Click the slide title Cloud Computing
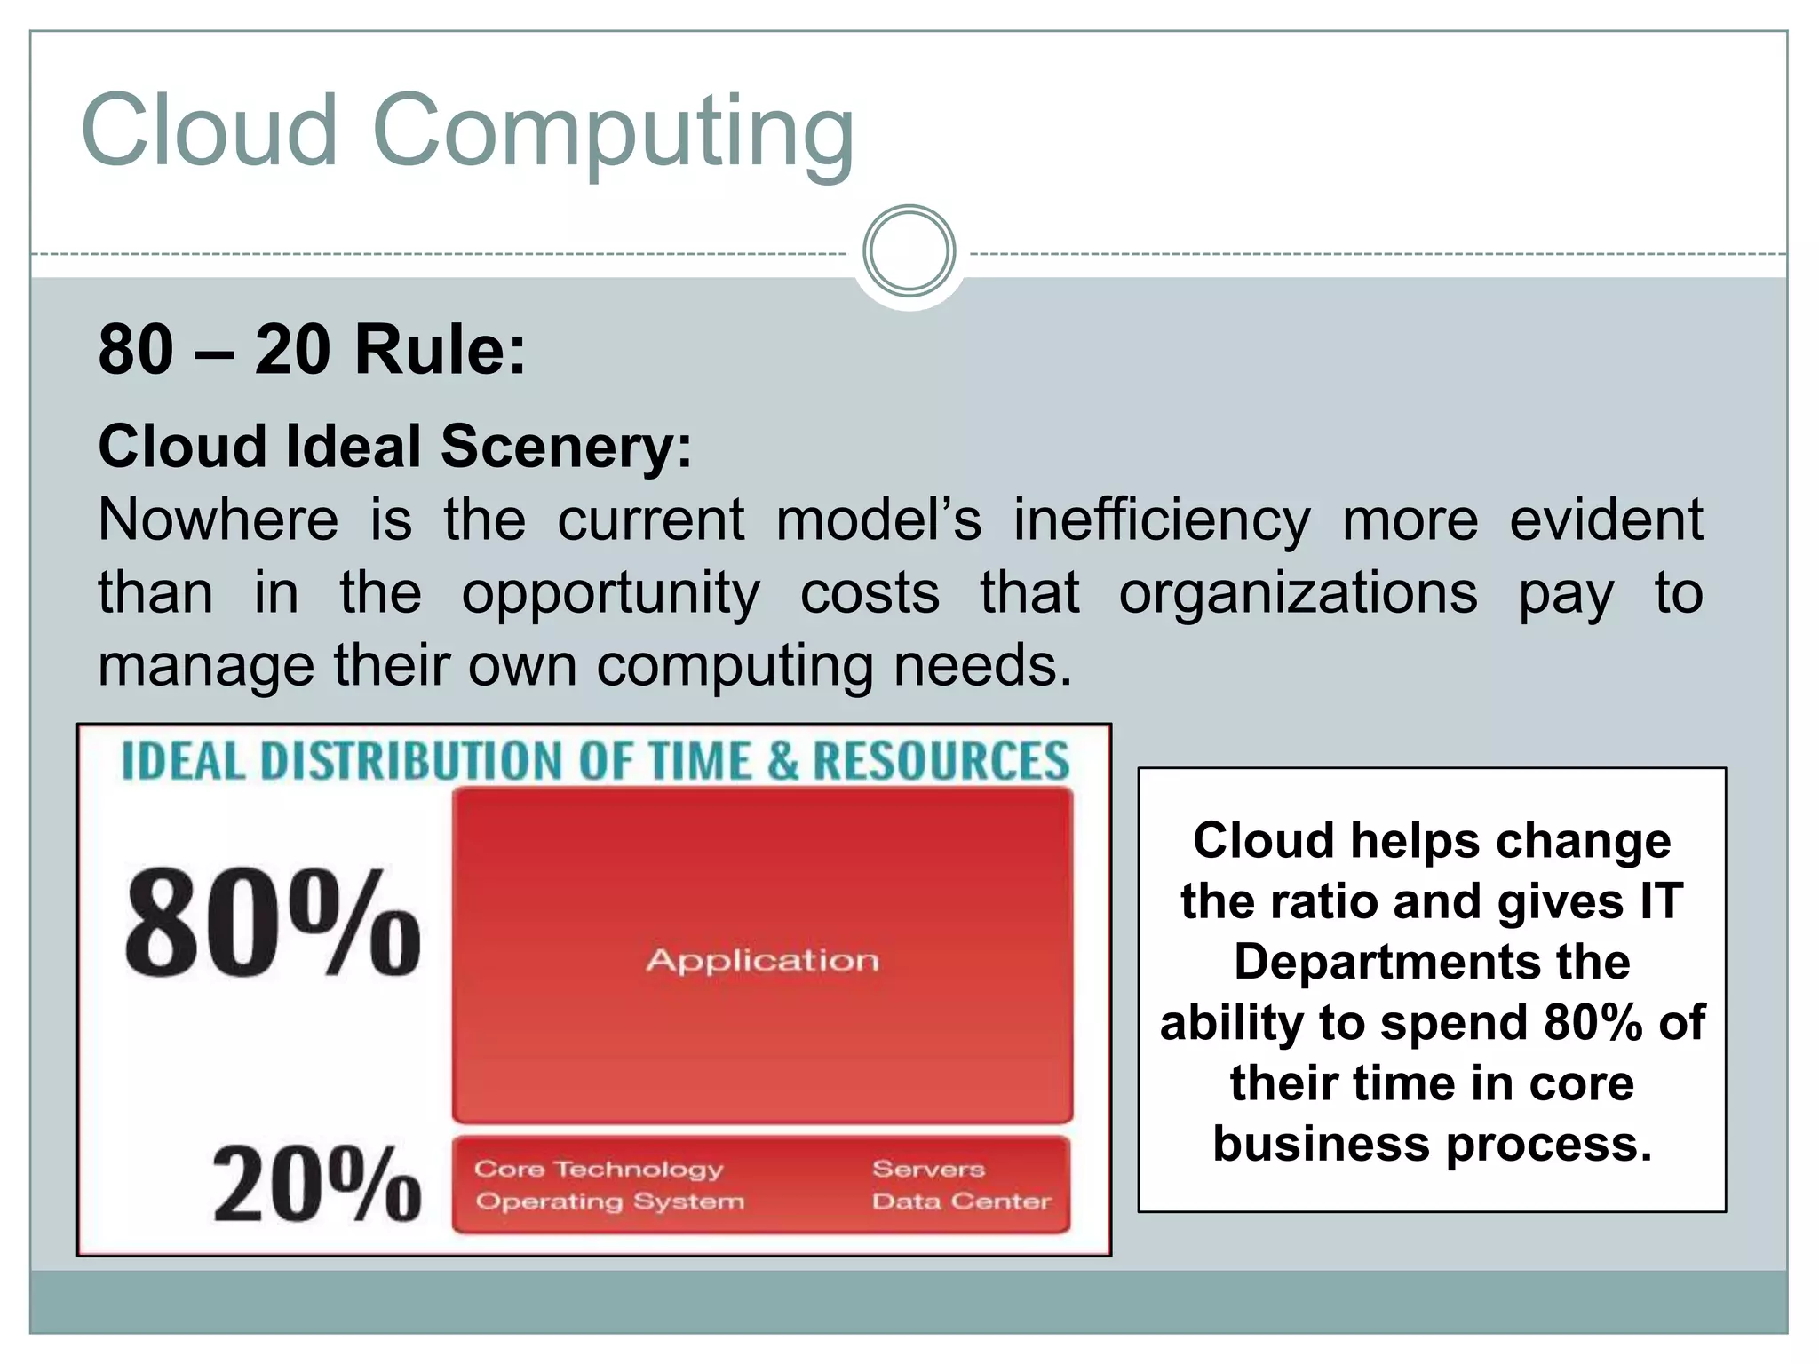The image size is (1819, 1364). [467, 131]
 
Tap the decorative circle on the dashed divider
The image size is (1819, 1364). [909, 251]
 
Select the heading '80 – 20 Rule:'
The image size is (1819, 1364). [312, 350]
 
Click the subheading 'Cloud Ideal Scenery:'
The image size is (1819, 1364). [394, 446]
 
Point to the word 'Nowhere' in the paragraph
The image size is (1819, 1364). [218, 519]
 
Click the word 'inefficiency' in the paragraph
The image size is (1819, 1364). [1162, 519]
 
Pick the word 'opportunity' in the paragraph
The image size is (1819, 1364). [610, 593]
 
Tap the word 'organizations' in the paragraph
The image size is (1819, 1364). [1298, 593]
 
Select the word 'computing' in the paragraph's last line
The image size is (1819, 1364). [735, 666]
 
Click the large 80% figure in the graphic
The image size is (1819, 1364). [273, 924]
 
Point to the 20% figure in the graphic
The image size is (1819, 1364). [316, 1185]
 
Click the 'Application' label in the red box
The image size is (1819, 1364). [762, 960]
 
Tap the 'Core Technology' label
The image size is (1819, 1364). [599, 1169]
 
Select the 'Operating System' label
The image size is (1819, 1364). [609, 1201]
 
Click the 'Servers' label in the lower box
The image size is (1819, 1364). [928, 1169]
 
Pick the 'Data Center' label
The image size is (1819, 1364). [961, 1201]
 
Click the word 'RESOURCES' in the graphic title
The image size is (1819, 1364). [941, 761]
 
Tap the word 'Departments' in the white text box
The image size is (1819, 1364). [1432, 962]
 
